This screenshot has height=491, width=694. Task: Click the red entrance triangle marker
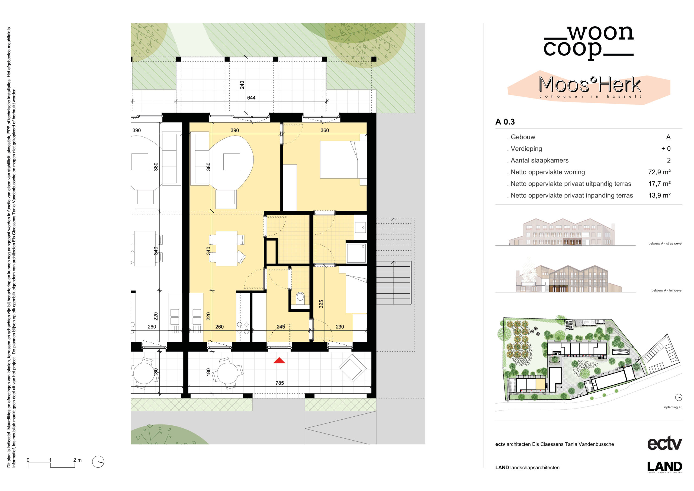pos(279,360)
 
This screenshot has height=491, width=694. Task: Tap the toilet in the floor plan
pos(300,298)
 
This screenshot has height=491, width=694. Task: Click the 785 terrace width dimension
pos(279,383)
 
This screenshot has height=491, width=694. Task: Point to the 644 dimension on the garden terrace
pos(251,98)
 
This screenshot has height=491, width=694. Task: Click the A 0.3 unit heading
pos(505,122)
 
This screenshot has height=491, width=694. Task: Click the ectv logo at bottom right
pos(664,444)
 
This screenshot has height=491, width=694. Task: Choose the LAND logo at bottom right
pos(665,467)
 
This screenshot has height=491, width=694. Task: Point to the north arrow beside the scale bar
pos(98,462)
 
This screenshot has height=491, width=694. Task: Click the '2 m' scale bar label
pos(77,460)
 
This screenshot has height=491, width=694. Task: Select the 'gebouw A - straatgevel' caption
pos(665,244)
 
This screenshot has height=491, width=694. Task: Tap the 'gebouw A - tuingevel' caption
pos(667,291)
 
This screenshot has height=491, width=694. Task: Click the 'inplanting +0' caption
pos(673,407)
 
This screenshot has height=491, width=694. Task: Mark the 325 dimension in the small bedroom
pos(321,304)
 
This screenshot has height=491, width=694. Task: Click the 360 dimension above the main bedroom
pos(324,130)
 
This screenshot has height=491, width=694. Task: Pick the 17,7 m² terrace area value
pos(659,184)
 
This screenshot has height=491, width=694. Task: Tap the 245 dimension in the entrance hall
pos(281,327)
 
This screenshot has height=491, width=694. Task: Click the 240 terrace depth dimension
pos(242,85)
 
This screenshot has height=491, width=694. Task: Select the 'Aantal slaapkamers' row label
pos(539,160)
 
